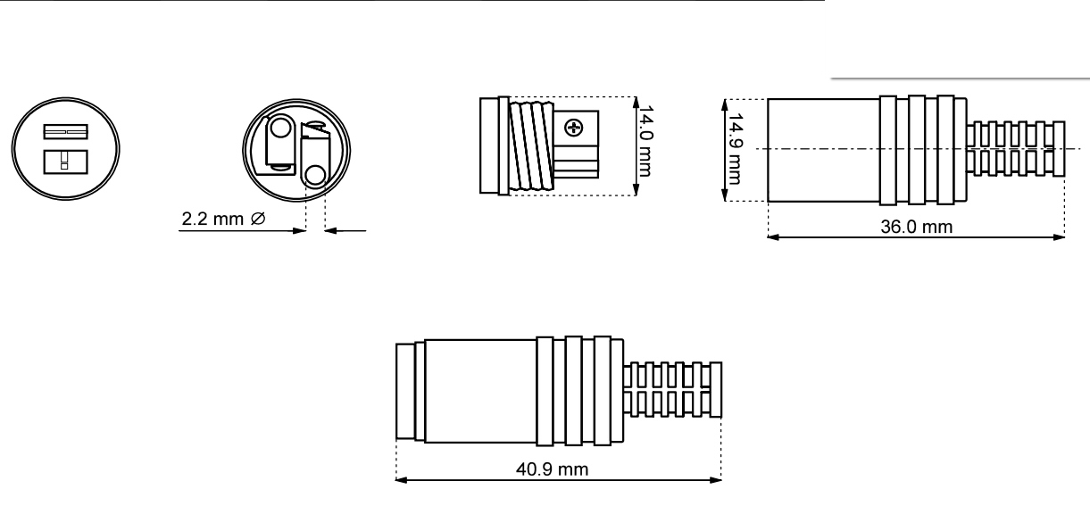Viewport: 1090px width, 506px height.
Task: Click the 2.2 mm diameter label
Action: point(224,219)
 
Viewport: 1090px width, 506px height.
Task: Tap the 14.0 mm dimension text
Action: point(645,141)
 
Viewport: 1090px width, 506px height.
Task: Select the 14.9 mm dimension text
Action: point(735,149)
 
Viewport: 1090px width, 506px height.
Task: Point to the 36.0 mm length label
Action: point(916,227)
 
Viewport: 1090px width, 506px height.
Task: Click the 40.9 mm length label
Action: point(552,469)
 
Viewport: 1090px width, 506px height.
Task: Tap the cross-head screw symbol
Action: point(574,128)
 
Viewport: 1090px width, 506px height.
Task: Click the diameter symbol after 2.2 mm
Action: point(258,219)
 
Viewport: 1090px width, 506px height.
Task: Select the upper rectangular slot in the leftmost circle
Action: point(66,132)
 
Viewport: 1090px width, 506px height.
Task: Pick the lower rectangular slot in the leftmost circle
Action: point(66,162)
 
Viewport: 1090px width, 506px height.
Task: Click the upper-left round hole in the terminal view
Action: point(279,129)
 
